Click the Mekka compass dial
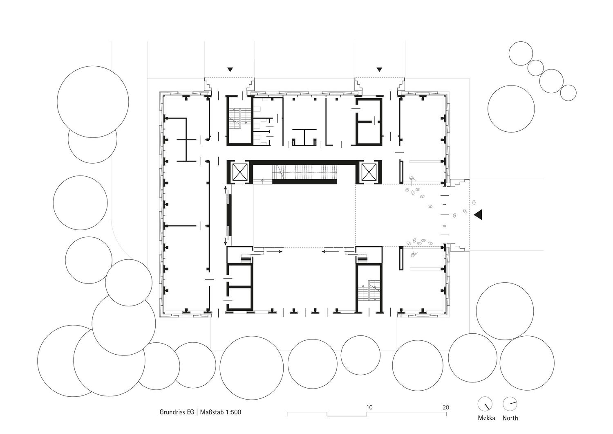coord(485,404)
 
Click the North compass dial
coord(510,404)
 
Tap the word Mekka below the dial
coord(486,418)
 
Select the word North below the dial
coord(510,418)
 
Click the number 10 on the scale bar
coord(369,407)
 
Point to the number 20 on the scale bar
coord(446,407)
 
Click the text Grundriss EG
coord(177,412)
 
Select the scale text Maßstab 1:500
coord(221,412)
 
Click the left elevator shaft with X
coord(240,172)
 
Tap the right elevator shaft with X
coord(369,172)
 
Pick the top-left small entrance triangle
coord(230,70)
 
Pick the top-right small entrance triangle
coord(379,70)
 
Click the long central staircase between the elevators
coord(304,172)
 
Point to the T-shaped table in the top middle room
coord(304,137)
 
